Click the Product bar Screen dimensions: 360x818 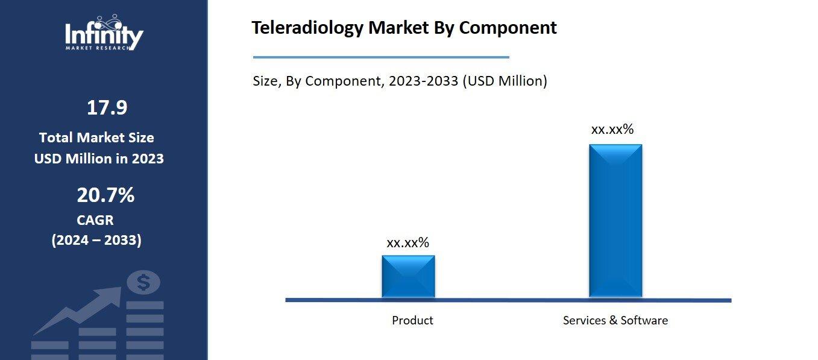408,276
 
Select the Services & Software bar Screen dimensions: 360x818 615,220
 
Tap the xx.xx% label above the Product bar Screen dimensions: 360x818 407,242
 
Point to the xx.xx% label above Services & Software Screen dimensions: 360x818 612,129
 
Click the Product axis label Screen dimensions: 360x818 412,320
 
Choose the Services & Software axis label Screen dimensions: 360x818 615,320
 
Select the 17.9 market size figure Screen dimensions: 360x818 107,108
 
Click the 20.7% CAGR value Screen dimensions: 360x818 105,195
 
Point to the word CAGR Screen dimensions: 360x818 95,220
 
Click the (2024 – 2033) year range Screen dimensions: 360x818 96,240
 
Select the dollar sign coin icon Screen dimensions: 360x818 143,282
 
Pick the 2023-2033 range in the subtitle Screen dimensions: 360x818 423,81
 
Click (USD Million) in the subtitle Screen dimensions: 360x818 505,81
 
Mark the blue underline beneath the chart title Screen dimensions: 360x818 381,57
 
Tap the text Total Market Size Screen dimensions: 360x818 96,137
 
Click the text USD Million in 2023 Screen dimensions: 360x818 99,159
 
